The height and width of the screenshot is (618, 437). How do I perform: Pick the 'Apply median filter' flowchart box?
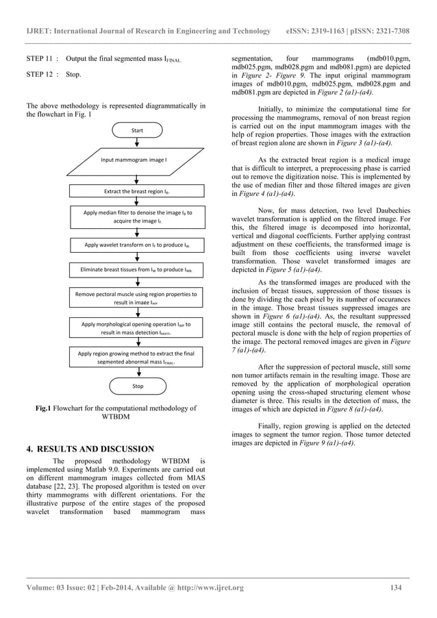pos(138,217)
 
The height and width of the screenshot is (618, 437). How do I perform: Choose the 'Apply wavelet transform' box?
pos(138,244)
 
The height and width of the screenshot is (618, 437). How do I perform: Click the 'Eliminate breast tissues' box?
pos(138,271)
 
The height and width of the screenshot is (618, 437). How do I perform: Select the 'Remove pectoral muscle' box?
pos(138,297)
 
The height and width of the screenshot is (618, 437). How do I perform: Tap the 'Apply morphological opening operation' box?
pos(138,327)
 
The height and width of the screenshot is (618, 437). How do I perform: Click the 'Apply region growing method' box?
pos(138,357)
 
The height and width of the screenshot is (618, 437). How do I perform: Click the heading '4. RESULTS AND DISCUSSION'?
pos(88,449)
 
